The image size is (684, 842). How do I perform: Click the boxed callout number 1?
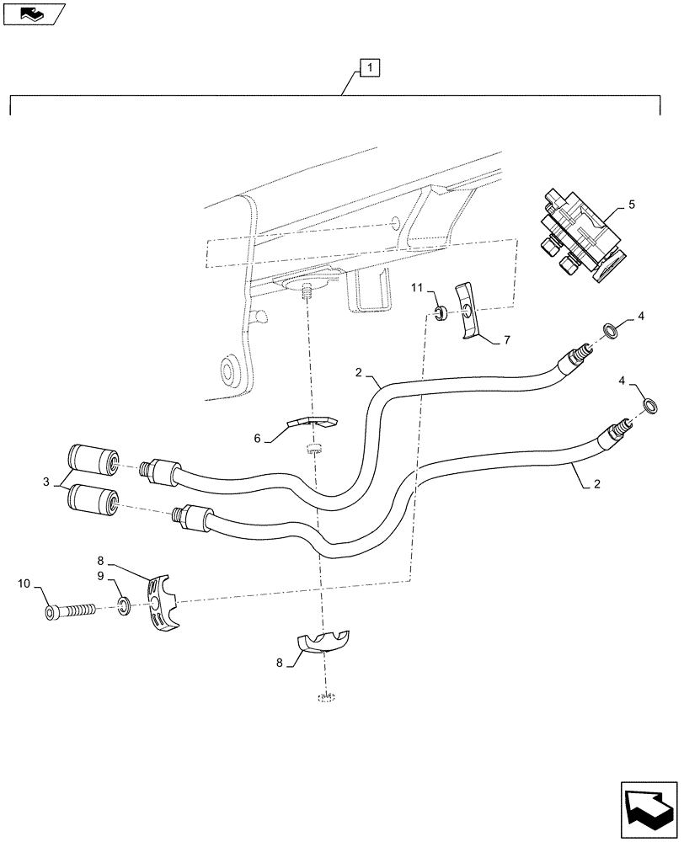click(x=371, y=67)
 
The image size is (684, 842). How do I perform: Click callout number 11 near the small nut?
click(x=415, y=289)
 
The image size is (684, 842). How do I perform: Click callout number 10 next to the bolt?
click(x=24, y=583)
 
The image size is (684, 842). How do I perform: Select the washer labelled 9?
click(x=124, y=606)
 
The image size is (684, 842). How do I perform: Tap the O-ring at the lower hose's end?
click(x=651, y=407)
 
